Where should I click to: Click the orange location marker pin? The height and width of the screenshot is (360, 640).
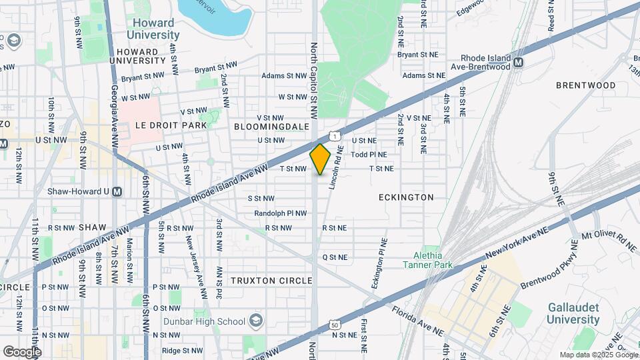click(320, 159)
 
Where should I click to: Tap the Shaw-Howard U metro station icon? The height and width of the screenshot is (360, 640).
click(117, 191)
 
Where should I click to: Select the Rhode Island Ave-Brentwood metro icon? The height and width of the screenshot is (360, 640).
click(518, 63)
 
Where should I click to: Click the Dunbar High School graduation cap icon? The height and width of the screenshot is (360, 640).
click(254, 321)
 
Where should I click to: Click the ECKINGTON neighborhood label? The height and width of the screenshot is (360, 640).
click(406, 197)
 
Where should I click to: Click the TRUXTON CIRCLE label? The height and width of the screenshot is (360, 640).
click(271, 281)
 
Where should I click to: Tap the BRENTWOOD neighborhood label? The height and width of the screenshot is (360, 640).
click(585, 86)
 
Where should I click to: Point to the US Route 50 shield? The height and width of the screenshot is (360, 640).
click(334, 326)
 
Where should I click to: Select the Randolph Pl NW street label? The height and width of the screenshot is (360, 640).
click(280, 213)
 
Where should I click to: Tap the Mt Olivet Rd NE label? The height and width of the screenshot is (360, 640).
click(609, 241)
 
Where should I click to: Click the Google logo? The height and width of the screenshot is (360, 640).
click(21, 351)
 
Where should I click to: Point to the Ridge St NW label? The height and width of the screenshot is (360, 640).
click(181, 350)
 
